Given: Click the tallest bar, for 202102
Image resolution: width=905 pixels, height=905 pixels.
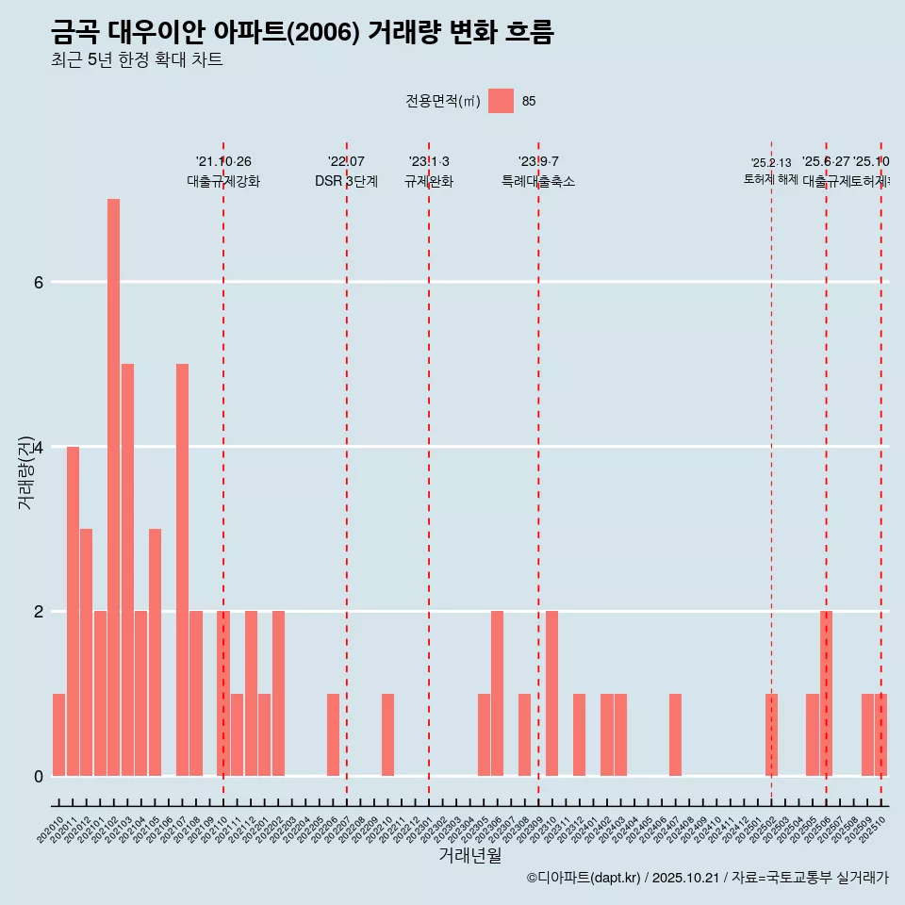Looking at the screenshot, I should point(113,487).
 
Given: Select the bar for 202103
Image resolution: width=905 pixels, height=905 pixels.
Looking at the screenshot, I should point(127,569).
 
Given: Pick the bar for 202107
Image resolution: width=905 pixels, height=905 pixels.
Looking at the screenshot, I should point(182,569).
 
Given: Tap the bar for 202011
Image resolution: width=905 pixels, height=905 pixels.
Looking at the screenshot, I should point(73,611).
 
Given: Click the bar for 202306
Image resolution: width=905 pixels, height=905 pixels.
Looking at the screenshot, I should point(497,693).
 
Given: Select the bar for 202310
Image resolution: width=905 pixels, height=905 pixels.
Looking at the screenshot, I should point(551,693).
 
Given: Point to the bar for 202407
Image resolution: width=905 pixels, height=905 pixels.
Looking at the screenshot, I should point(675,734).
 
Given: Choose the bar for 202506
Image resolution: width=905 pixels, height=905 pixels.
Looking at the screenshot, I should point(826,693).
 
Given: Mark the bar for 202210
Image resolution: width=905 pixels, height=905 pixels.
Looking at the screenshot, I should point(387,734).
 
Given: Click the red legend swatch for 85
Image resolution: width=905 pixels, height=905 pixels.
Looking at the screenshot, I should point(501,101).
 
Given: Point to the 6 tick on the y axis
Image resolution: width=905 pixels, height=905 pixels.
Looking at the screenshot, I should point(39,282).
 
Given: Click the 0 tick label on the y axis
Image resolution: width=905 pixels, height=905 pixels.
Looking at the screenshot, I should point(39,776).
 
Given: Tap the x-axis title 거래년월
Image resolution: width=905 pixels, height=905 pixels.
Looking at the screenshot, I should point(469,855).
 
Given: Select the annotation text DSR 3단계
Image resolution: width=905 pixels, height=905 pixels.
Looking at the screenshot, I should point(346,181).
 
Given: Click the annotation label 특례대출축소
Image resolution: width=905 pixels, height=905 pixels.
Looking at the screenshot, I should point(537,181).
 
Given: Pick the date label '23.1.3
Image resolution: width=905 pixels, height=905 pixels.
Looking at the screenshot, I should point(429,162).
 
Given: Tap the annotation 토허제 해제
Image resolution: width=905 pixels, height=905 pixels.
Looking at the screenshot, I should point(770,179).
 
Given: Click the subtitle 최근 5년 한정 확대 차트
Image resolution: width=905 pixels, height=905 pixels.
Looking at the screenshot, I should point(137,60).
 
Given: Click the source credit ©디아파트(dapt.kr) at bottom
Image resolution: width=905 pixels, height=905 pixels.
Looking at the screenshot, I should point(584,878).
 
